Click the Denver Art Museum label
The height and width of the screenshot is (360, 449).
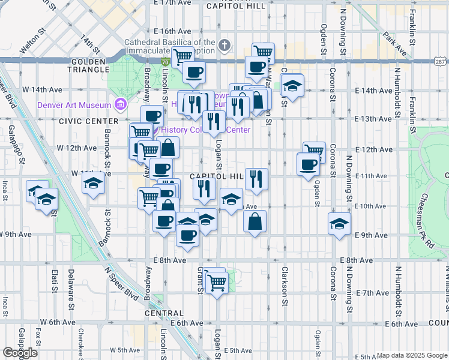point(74,104)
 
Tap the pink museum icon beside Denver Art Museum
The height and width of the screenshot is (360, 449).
point(121,105)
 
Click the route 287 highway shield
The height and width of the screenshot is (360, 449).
point(441,62)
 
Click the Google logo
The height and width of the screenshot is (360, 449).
point(20,353)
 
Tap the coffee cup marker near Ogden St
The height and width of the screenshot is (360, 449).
point(309,164)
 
